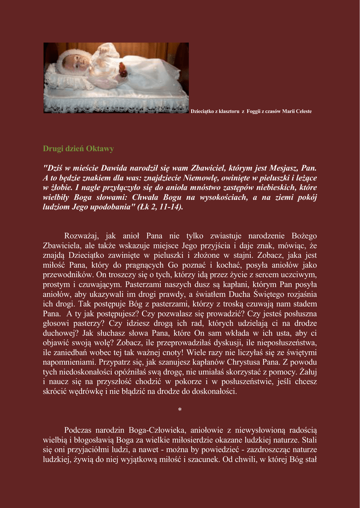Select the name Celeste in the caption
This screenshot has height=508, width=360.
pyautogui.click(x=303, y=111)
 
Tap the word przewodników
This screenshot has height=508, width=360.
pyautogui.click(x=68, y=274)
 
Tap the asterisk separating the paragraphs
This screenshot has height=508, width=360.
pyautogui.click(x=180, y=410)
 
